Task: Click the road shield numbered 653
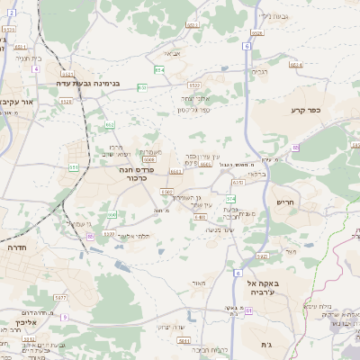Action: coord(142,87)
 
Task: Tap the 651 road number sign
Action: coord(73,167)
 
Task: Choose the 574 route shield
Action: coord(230,198)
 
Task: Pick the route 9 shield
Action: coord(64,317)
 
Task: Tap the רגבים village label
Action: coord(260,71)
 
